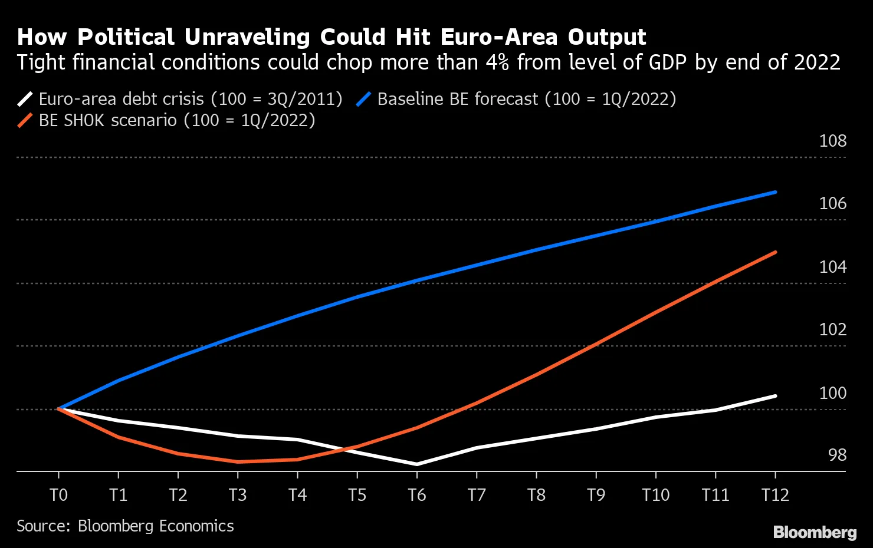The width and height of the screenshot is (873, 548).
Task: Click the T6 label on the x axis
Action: coord(416,495)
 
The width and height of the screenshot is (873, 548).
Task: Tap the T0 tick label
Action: coord(58,495)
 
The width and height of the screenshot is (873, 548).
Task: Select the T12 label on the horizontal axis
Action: coord(774,495)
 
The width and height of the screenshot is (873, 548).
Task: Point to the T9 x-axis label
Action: coord(596,495)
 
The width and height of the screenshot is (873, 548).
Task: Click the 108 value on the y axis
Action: coord(832,141)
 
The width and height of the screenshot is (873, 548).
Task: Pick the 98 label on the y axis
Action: coord(837,455)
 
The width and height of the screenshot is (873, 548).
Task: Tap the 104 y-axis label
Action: coord(832,267)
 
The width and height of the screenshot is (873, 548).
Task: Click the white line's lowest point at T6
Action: coord(416,464)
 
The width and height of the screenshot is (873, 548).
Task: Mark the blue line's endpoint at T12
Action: coord(775,192)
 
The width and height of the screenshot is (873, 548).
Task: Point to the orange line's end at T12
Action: coord(775,252)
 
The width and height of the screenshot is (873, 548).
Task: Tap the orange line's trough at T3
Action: coord(238,461)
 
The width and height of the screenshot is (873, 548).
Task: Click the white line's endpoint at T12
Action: coord(775,396)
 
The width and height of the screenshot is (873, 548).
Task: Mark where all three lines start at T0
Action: coord(59,408)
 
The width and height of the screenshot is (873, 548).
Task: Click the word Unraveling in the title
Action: coord(247,37)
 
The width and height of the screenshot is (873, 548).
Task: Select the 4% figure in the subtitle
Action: coord(497,62)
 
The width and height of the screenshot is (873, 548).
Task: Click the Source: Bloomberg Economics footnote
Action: coord(125,526)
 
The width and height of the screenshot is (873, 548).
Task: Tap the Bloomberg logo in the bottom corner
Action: coord(814,532)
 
